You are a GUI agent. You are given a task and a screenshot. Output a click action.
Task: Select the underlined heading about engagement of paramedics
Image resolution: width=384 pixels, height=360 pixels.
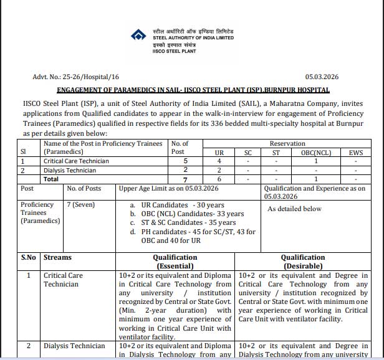(x=192, y=90)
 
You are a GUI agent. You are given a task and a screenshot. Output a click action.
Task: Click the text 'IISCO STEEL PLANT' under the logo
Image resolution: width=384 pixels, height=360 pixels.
(x=173, y=51)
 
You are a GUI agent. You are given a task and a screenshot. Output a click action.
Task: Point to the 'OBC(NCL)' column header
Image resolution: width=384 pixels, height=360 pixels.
(x=315, y=152)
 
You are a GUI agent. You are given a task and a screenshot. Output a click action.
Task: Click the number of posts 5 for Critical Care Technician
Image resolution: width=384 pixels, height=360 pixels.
(x=185, y=161)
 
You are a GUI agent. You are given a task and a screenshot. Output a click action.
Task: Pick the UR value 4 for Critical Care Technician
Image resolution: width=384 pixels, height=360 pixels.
(x=219, y=161)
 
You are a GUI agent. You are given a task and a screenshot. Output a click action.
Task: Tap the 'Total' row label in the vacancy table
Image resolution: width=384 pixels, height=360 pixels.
(x=52, y=179)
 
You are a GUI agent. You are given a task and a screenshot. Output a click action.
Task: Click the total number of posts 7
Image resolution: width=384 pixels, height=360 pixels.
(x=185, y=179)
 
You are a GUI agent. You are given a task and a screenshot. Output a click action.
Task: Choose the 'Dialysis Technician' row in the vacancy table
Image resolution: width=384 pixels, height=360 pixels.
(x=70, y=170)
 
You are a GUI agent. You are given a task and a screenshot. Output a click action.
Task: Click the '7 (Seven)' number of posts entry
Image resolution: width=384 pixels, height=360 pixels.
(x=82, y=205)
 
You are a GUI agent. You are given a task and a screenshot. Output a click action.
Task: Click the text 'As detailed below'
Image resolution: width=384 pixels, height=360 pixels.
(x=294, y=209)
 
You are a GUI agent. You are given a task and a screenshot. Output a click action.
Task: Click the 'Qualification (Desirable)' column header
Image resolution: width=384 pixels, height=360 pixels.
(x=302, y=262)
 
